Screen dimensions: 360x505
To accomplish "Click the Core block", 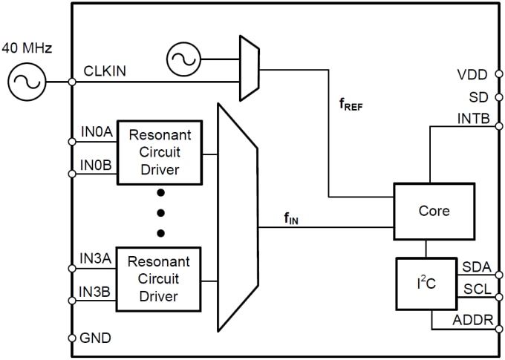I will pyautogui.click(x=434, y=211).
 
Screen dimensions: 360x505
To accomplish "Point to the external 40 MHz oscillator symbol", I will pyautogui.click(x=26, y=82).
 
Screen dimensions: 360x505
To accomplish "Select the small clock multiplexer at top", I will pyautogui.click(x=248, y=67).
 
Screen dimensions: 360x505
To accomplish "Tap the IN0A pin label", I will pyautogui.click(x=96, y=134).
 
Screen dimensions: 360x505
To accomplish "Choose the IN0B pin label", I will pyautogui.click(x=96, y=166).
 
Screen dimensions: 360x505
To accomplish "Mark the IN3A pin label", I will pyautogui.click(x=96, y=260).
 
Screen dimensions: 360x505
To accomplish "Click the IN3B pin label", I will pyautogui.click(x=96, y=292).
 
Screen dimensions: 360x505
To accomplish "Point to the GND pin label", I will pyautogui.click(x=96, y=338).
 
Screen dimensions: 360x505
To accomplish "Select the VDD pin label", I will pyautogui.click(x=473, y=74).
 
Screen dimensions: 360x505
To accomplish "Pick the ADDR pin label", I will pyautogui.click(x=472, y=320).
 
